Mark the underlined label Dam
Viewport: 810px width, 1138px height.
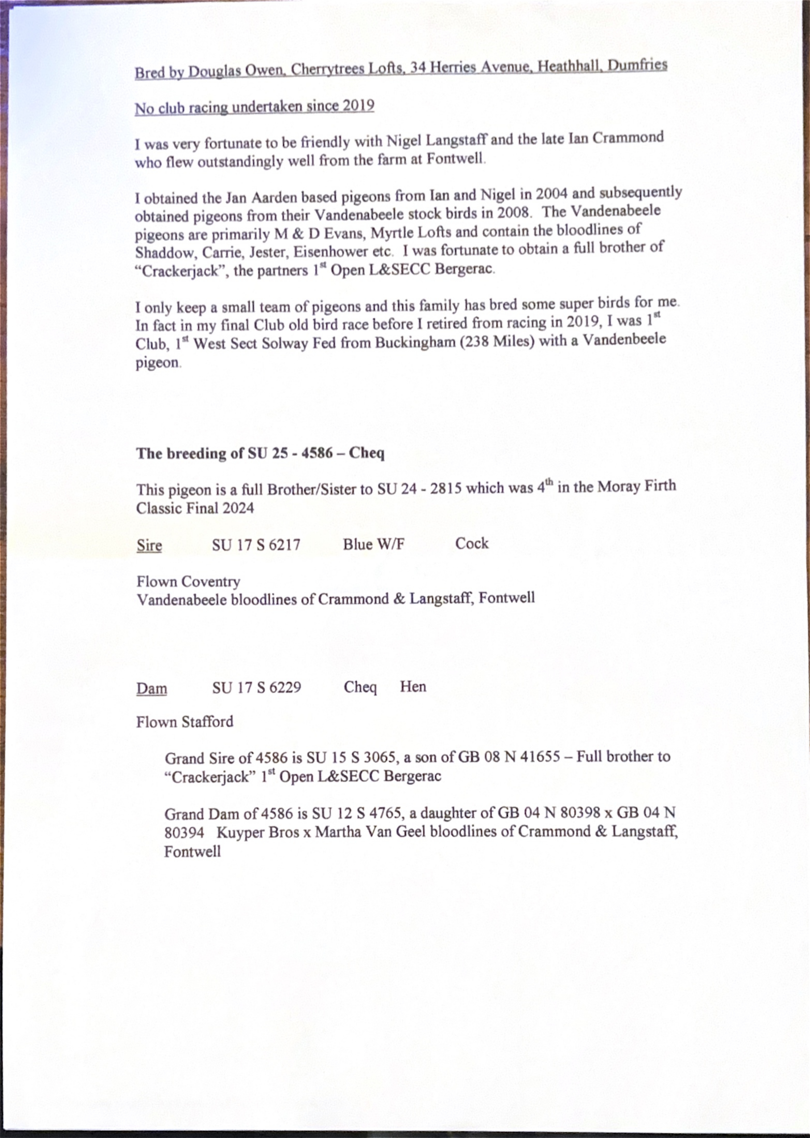(x=152, y=688)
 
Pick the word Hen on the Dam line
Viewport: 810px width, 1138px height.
(x=413, y=687)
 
